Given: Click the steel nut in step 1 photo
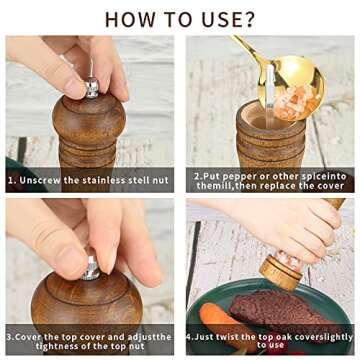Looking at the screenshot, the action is pos(92,88).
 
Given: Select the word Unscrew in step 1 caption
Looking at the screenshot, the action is pos(40,180).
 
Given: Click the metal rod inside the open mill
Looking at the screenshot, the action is pos(270,97).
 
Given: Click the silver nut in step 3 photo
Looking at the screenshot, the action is pos(91,267).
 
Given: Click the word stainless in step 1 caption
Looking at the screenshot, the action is pos(103,180).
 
